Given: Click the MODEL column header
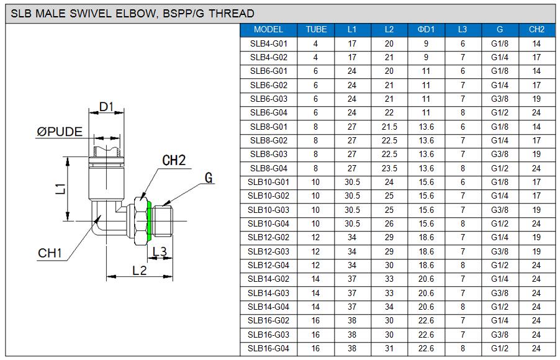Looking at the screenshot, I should click(268, 30).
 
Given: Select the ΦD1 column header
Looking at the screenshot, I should click(426, 30).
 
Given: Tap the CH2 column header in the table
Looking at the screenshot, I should click(536, 30).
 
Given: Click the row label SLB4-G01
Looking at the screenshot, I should click(268, 44).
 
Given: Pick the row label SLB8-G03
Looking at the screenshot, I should click(268, 155).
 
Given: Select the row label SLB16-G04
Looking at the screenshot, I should click(268, 348).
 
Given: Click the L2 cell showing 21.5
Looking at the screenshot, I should click(389, 127).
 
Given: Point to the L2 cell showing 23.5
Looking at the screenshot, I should click(389, 168).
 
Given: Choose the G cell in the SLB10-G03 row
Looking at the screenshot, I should click(500, 210).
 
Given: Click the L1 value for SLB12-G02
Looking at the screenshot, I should click(352, 238).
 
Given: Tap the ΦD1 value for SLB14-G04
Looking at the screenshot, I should click(426, 307).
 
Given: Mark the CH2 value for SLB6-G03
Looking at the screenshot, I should click(536, 99).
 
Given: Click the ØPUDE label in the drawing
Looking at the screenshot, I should click(60, 132).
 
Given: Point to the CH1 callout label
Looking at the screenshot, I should click(50, 253).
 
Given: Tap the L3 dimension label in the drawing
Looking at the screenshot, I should click(160, 251).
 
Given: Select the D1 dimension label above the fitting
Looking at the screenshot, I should click(107, 107).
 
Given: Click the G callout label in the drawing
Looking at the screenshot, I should click(209, 178).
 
